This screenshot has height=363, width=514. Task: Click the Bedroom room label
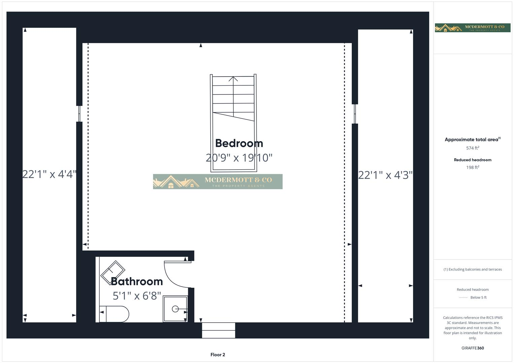click(x=239, y=144)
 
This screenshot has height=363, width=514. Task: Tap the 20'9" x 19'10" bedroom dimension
click(x=239, y=158)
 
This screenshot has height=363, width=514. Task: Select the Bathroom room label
click(x=137, y=281)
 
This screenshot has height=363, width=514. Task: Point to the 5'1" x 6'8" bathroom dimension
click(x=137, y=296)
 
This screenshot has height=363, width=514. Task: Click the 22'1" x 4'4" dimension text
click(x=49, y=174)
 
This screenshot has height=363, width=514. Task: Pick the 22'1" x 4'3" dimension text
click(x=385, y=175)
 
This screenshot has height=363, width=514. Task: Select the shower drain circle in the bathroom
click(x=175, y=309)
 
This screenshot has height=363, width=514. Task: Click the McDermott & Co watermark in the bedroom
click(x=218, y=182)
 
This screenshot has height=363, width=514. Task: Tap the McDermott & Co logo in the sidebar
click(x=473, y=28)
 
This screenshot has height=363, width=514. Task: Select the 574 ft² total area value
click(x=473, y=148)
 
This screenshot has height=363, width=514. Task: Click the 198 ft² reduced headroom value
click(x=473, y=167)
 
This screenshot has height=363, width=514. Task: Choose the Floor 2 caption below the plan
click(x=218, y=355)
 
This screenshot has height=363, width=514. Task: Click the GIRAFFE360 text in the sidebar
click(x=473, y=348)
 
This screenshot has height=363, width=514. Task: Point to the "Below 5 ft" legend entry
click(x=478, y=297)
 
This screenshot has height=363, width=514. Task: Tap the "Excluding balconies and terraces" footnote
click(x=473, y=269)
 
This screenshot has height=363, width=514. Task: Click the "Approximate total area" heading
click(x=472, y=139)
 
